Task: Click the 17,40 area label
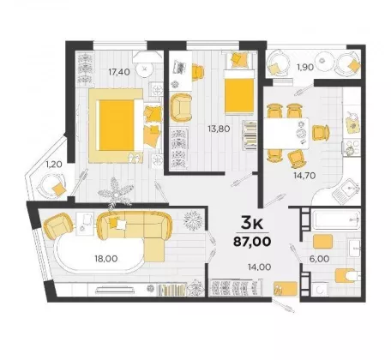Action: pos(119,72)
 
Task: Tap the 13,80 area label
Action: pos(219,129)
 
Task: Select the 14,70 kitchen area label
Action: pos(305,176)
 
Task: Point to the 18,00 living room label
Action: pos(106,259)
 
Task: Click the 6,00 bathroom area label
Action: pos(320,259)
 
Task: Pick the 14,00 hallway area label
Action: pos(260,267)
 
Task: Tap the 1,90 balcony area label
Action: pos(305,68)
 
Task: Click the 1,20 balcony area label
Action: pos(55,165)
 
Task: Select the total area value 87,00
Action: pos(252,242)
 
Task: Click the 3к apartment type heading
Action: pos(252,223)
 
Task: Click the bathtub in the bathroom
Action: pos(335,219)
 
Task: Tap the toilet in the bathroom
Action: pos(347,276)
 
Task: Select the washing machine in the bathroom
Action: pos(320,289)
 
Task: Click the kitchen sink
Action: pos(346,190)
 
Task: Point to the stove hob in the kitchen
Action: pos(352,147)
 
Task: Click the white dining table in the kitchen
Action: pos(286,133)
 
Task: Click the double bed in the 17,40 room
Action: pos(121,125)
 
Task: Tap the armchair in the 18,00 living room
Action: pos(58,226)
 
